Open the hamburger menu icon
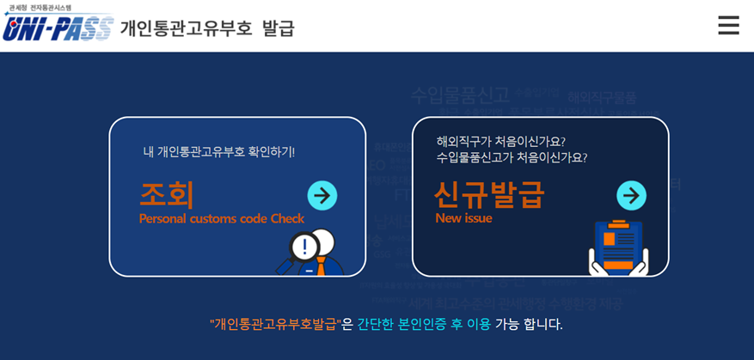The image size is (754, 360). pyautogui.click(x=728, y=26)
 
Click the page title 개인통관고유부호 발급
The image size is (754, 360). pyautogui.click(x=207, y=28)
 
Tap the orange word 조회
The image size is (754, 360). pyautogui.click(x=167, y=194)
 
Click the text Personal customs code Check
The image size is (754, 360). pyautogui.click(x=222, y=218)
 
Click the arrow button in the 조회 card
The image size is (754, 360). pyautogui.click(x=322, y=196)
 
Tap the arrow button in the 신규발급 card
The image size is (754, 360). pyautogui.click(x=631, y=196)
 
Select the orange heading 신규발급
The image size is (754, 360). pyautogui.click(x=488, y=194)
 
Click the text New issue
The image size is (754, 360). pyautogui.click(x=463, y=218)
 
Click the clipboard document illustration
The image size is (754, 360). pyautogui.click(x=618, y=245)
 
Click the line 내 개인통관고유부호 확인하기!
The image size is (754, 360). pyautogui.click(x=218, y=152)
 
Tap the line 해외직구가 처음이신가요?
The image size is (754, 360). pyautogui.click(x=500, y=141)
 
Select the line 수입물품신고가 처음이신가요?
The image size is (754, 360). pyautogui.click(x=512, y=157)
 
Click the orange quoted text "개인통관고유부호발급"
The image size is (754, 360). pyautogui.click(x=275, y=324)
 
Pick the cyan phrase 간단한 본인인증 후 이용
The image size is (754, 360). pyautogui.click(x=424, y=324)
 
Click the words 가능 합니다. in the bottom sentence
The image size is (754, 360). pyautogui.click(x=529, y=324)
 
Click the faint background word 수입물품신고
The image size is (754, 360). pyautogui.click(x=460, y=95)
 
